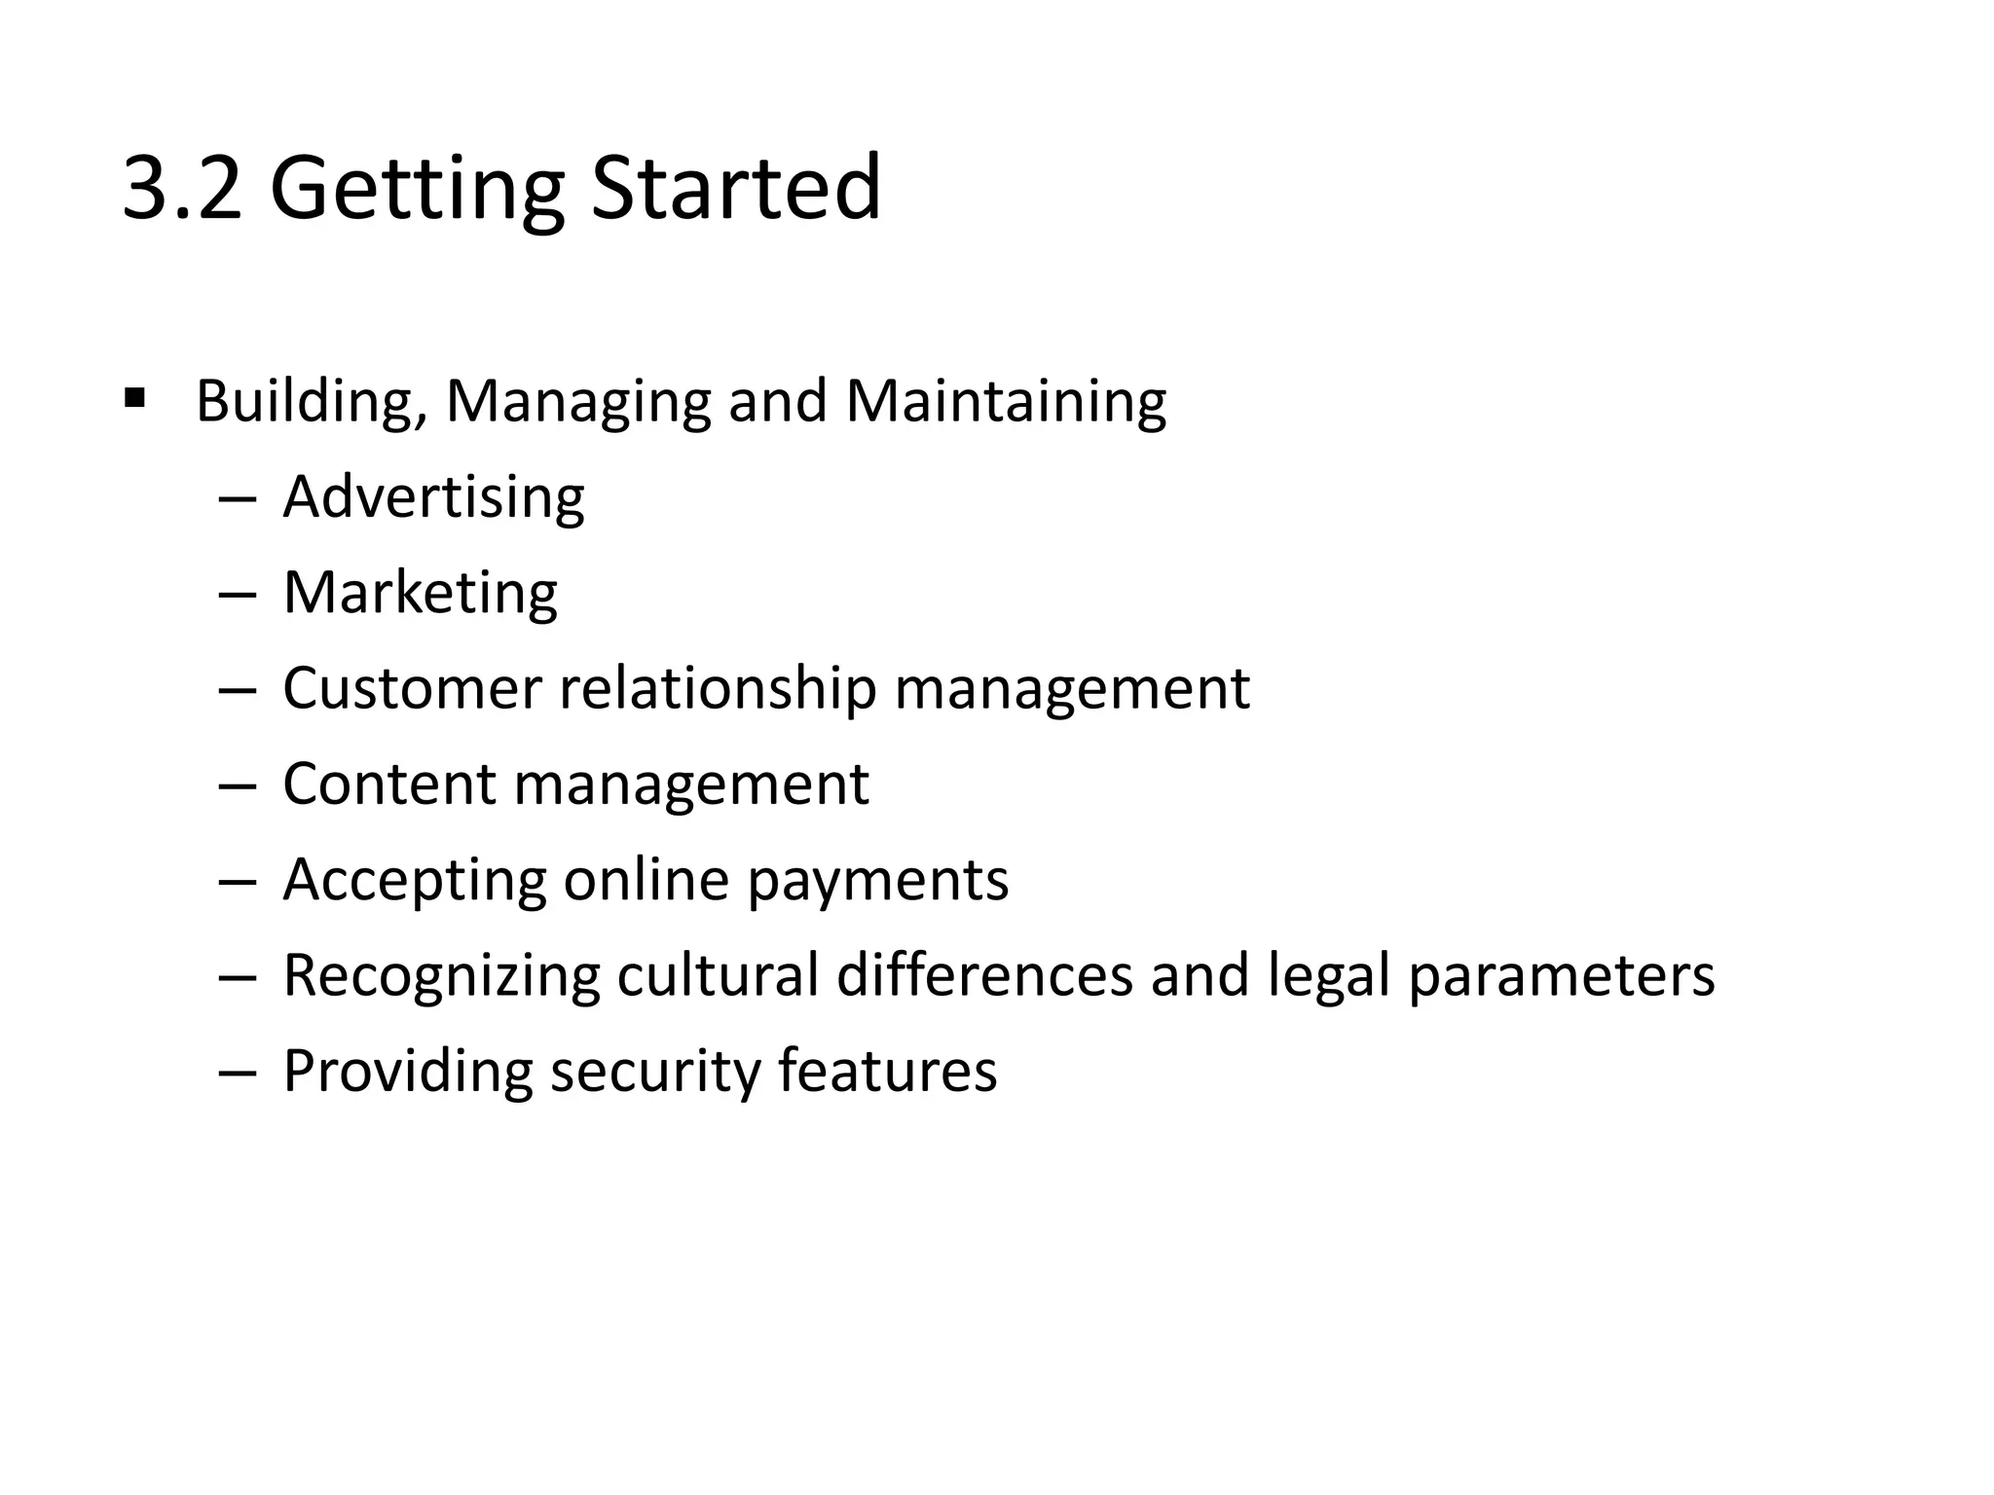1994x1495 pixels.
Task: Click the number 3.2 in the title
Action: tap(182, 188)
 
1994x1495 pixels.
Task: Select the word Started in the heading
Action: tap(736, 188)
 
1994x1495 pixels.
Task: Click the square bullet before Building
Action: tap(135, 398)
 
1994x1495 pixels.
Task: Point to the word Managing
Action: tap(578, 402)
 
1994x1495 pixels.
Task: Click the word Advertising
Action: tap(433, 497)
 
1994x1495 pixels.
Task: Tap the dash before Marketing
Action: tap(237, 594)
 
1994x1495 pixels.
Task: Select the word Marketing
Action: tap(420, 593)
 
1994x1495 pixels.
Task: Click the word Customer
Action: tap(411, 688)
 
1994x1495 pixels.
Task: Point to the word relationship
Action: tap(718, 688)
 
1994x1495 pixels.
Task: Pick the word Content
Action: tap(389, 784)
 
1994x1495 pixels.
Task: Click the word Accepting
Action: tap(414, 881)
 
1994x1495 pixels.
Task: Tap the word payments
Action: tap(877, 881)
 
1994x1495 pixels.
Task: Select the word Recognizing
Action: tap(441, 976)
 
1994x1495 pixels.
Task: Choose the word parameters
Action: tap(1562, 976)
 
